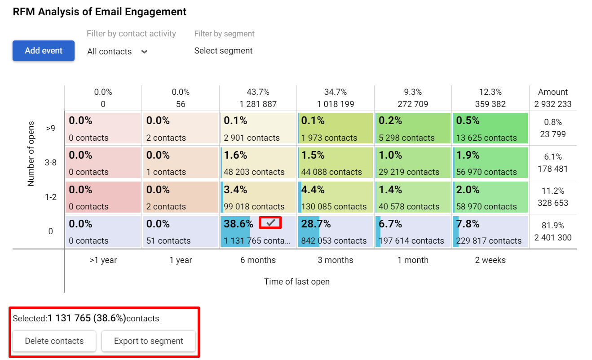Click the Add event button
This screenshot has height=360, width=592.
coord(44,51)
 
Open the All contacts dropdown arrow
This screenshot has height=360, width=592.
coord(144,52)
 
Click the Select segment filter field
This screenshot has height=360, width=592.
coord(223,51)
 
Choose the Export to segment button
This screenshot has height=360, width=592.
coord(149,341)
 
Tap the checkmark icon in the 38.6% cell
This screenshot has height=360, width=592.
coord(270,222)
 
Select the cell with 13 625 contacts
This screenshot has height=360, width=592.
coord(490,129)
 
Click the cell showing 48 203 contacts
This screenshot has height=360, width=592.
coord(258,163)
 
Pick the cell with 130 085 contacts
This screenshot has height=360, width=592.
coord(335,197)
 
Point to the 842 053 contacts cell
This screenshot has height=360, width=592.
coord(335,231)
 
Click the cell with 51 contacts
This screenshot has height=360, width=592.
coord(180,231)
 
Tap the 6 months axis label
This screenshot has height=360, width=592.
coord(258,260)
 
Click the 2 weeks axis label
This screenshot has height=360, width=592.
coord(490,260)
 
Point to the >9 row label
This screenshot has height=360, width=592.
coord(50,129)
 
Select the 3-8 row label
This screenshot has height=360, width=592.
coord(50,163)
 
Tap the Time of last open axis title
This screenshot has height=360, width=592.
coord(296,282)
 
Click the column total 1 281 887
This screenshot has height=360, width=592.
coord(258,104)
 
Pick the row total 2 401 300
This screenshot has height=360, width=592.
coord(553,237)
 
